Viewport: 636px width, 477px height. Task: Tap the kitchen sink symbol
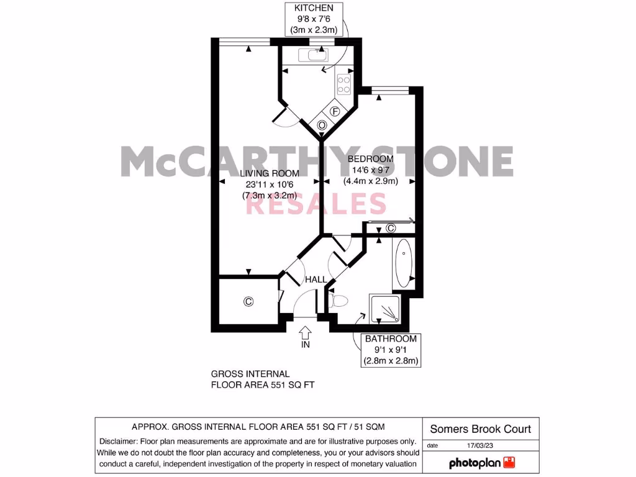pos(312,55)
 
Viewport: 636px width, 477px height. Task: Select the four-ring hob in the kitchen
pos(343,84)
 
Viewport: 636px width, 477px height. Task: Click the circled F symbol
pos(335,112)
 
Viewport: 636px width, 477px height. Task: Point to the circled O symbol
pos(322,125)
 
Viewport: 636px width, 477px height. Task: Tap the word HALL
pos(316,280)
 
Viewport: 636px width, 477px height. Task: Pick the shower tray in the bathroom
pos(386,308)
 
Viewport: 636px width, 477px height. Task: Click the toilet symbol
pos(338,301)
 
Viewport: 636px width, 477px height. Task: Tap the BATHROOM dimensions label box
pos(391,350)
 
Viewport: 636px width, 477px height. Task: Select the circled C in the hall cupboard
pos(248,302)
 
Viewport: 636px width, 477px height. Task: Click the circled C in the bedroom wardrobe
pos(391,228)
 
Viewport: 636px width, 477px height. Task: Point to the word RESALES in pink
pos(317,204)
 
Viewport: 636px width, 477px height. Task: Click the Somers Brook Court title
pos(481,429)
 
